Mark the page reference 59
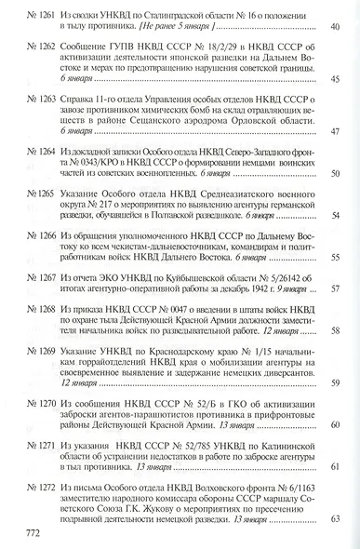pyautogui.click(x=336, y=382)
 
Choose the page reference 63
pyautogui.click(x=336, y=518)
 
